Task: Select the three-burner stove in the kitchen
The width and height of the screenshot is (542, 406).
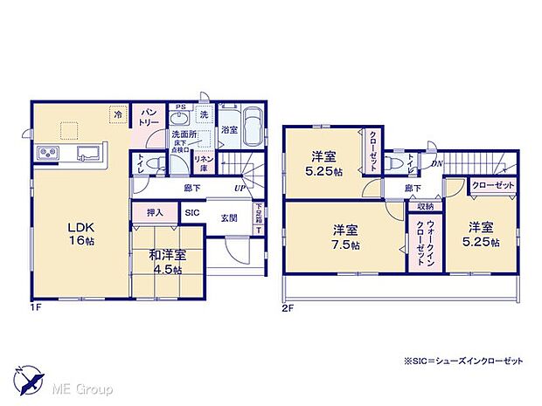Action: (x=47, y=155)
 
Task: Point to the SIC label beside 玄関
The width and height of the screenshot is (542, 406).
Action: (x=191, y=212)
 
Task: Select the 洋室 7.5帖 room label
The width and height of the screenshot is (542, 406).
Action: (x=344, y=235)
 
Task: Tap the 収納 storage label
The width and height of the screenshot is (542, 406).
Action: (x=425, y=206)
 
